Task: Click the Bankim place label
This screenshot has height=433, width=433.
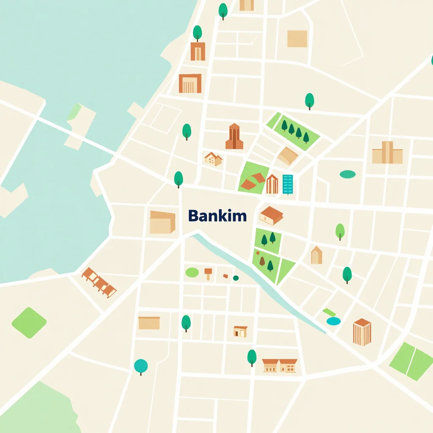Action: click(x=217, y=216)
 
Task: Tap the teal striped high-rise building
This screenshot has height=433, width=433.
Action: click(x=288, y=184)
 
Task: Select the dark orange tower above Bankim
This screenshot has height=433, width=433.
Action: click(x=234, y=137)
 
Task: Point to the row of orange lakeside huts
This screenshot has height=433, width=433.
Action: click(x=99, y=282)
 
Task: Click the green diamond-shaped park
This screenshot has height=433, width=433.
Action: click(x=29, y=323)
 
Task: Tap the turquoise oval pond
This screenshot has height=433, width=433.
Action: click(x=333, y=321)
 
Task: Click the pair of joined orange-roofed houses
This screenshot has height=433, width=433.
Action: click(x=280, y=365)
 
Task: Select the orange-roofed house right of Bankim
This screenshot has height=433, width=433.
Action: click(x=271, y=216)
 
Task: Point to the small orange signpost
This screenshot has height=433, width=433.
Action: click(x=208, y=273)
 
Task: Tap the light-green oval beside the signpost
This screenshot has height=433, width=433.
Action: click(x=192, y=273)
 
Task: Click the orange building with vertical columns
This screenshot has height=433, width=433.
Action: click(x=190, y=83)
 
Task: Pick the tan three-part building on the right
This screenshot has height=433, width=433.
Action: click(x=387, y=153)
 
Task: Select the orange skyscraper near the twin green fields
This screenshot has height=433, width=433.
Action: click(x=362, y=332)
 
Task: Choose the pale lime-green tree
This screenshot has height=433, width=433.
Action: click(x=340, y=231)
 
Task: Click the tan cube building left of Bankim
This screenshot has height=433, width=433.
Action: click(x=162, y=222)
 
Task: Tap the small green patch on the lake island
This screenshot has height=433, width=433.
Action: click(x=74, y=112)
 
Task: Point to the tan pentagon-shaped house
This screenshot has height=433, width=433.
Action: click(x=316, y=255)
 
